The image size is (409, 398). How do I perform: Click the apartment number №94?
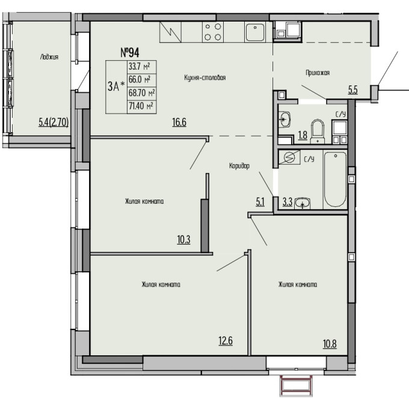click(130, 52)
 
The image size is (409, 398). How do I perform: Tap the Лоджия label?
click(49, 57)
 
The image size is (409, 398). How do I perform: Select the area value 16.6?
click(179, 122)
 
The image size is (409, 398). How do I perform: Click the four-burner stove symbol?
click(213, 32)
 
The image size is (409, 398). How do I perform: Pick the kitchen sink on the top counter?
click(255, 32)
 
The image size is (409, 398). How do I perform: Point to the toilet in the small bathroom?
click(318, 132)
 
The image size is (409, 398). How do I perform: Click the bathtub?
click(335, 179)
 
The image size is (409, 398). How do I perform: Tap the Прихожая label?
click(318, 73)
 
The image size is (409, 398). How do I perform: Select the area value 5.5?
click(352, 90)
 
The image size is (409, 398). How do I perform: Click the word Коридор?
click(239, 165)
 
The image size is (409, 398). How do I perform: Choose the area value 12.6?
click(226, 341)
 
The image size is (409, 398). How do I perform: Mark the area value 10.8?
click(330, 344)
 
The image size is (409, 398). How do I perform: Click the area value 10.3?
click(183, 239)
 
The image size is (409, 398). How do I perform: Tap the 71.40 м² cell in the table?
click(141, 106)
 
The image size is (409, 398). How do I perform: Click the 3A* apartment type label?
click(116, 87)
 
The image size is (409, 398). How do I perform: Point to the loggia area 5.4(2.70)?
click(54, 122)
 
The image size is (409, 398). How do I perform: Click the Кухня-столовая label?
click(204, 78)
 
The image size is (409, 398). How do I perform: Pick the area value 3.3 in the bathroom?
click(287, 202)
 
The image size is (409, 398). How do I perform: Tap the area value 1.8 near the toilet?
click(303, 135)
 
